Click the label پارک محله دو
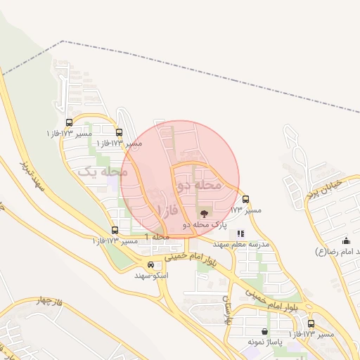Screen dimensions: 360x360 205,225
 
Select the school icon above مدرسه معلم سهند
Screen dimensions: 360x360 240,233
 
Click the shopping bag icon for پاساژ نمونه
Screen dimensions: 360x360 264,332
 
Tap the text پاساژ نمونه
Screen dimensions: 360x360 264,342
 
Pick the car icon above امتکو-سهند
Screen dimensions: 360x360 151,264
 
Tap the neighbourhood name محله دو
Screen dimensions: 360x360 199,184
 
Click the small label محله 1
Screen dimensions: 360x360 157,237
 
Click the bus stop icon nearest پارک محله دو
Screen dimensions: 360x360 245,199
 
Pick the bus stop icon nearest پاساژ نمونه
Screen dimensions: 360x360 311,323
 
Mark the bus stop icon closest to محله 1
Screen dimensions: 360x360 115,230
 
